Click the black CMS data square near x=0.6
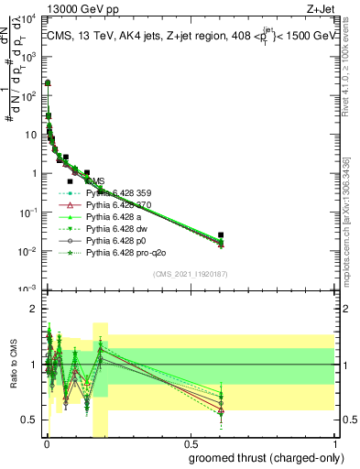(x=220, y=235)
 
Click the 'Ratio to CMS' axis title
(x=13, y=376)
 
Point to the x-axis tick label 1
(x=336, y=445)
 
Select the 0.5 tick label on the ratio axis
(x=28, y=420)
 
